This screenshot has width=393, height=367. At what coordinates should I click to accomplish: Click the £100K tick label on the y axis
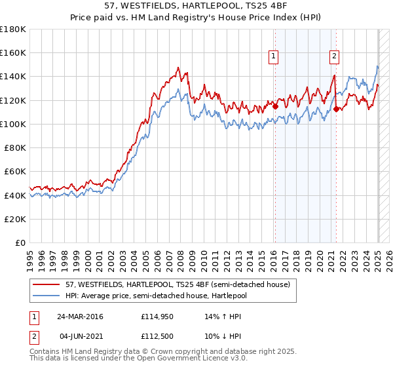coord(14,124)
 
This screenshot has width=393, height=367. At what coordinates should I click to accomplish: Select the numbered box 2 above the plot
coord(334,57)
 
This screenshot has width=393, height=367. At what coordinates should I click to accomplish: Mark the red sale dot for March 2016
coord(275,106)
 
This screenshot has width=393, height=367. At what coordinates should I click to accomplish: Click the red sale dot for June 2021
coord(336,109)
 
